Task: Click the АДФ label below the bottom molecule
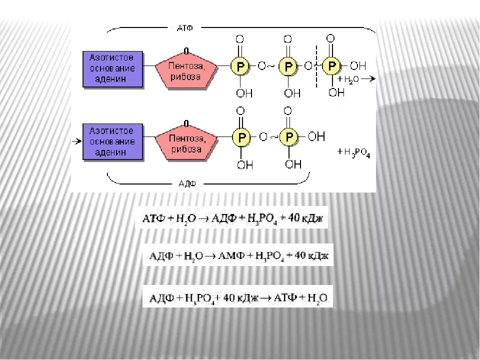pyautogui.click(x=187, y=183)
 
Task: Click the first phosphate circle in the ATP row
pyautogui.click(x=240, y=66)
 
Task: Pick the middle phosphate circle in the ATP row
pyautogui.click(x=288, y=66)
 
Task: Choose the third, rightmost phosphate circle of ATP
pyautogui.click(x=331, y=65)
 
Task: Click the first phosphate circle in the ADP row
pyautogui.click(x=241, y=136)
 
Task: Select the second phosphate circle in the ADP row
pyautogui.click(x=288, y=136)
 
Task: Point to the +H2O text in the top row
pyautogui.click(x=348, y=79)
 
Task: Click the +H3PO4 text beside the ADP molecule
pyautogui.click(x=354, y=152)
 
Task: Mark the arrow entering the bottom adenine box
pyautogui.click(x=76, y=141)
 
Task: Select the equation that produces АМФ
pyautogui.click(x=237, y=255)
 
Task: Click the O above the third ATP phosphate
pyautogui.click(x=330, y=38)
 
